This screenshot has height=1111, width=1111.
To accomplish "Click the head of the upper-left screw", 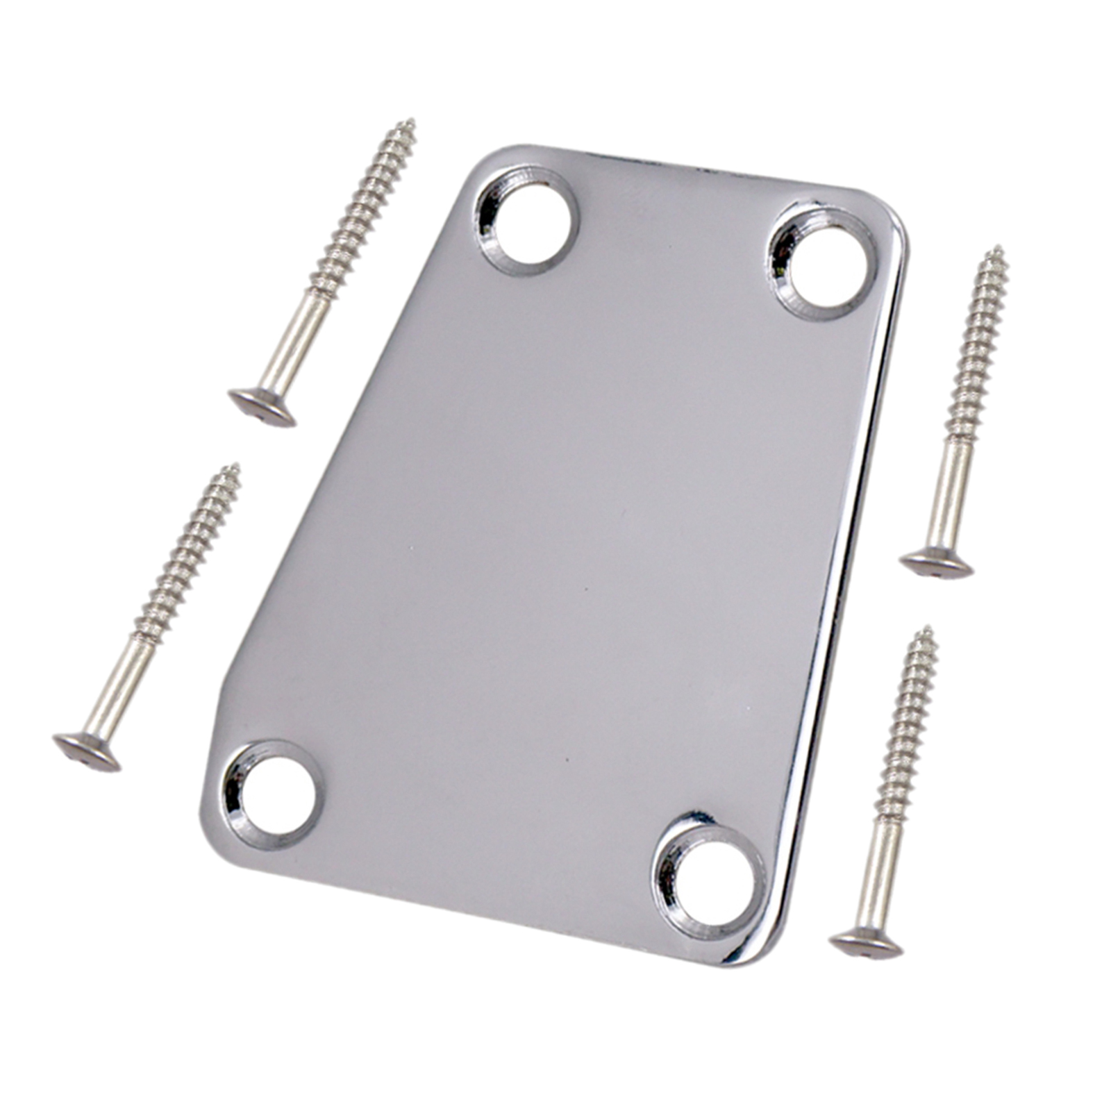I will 262,407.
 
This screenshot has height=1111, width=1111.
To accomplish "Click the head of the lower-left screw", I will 87,753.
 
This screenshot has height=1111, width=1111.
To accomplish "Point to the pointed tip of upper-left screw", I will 412,122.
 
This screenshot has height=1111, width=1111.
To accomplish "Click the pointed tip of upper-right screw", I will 999,249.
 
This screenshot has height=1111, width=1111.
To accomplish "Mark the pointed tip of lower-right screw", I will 928,629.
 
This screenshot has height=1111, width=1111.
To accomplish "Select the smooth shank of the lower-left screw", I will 124,684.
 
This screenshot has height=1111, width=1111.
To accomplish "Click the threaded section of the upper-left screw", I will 361,208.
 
